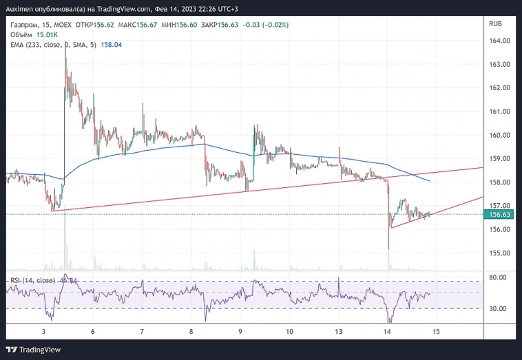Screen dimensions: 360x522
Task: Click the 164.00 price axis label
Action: pyautogui.click(x=499, y=41)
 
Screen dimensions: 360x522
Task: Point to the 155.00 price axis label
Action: pyautogui.click(x=499, y=253)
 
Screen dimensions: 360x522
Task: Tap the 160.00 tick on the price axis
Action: pyautogui.click(x=499, y=135)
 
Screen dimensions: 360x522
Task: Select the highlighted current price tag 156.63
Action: pyautogui.click(x=499, y=215)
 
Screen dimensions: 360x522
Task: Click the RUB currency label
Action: pyautogui.click(x=495, y=24)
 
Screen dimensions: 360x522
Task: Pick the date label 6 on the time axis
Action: pyautogui.click(x=93, y=331)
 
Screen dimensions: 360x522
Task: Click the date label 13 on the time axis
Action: pyautogui.click(x=339, y=331)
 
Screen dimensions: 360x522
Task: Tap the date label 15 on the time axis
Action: pyautogui.click(x=436, y=331)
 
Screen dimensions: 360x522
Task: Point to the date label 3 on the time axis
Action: pyautogui.click(x=43, y=331)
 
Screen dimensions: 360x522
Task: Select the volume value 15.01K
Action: pyautogui.click(x=47, y=34)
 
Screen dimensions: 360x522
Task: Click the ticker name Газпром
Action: pyautogui.click(x=24, y=25)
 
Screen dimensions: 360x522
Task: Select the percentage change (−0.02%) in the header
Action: pyautogui.click(x=274, y=25)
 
